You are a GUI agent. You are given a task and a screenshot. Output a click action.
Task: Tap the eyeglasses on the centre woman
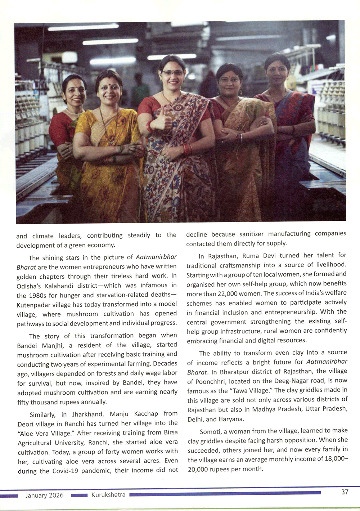(172, 73)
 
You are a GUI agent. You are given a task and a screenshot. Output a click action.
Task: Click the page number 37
(345, 492)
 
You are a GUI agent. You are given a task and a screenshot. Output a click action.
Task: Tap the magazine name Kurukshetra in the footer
(108, 495)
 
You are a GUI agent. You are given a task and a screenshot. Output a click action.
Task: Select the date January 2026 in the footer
(44, 496)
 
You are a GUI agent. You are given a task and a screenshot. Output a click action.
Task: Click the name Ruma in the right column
(251, 255)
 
